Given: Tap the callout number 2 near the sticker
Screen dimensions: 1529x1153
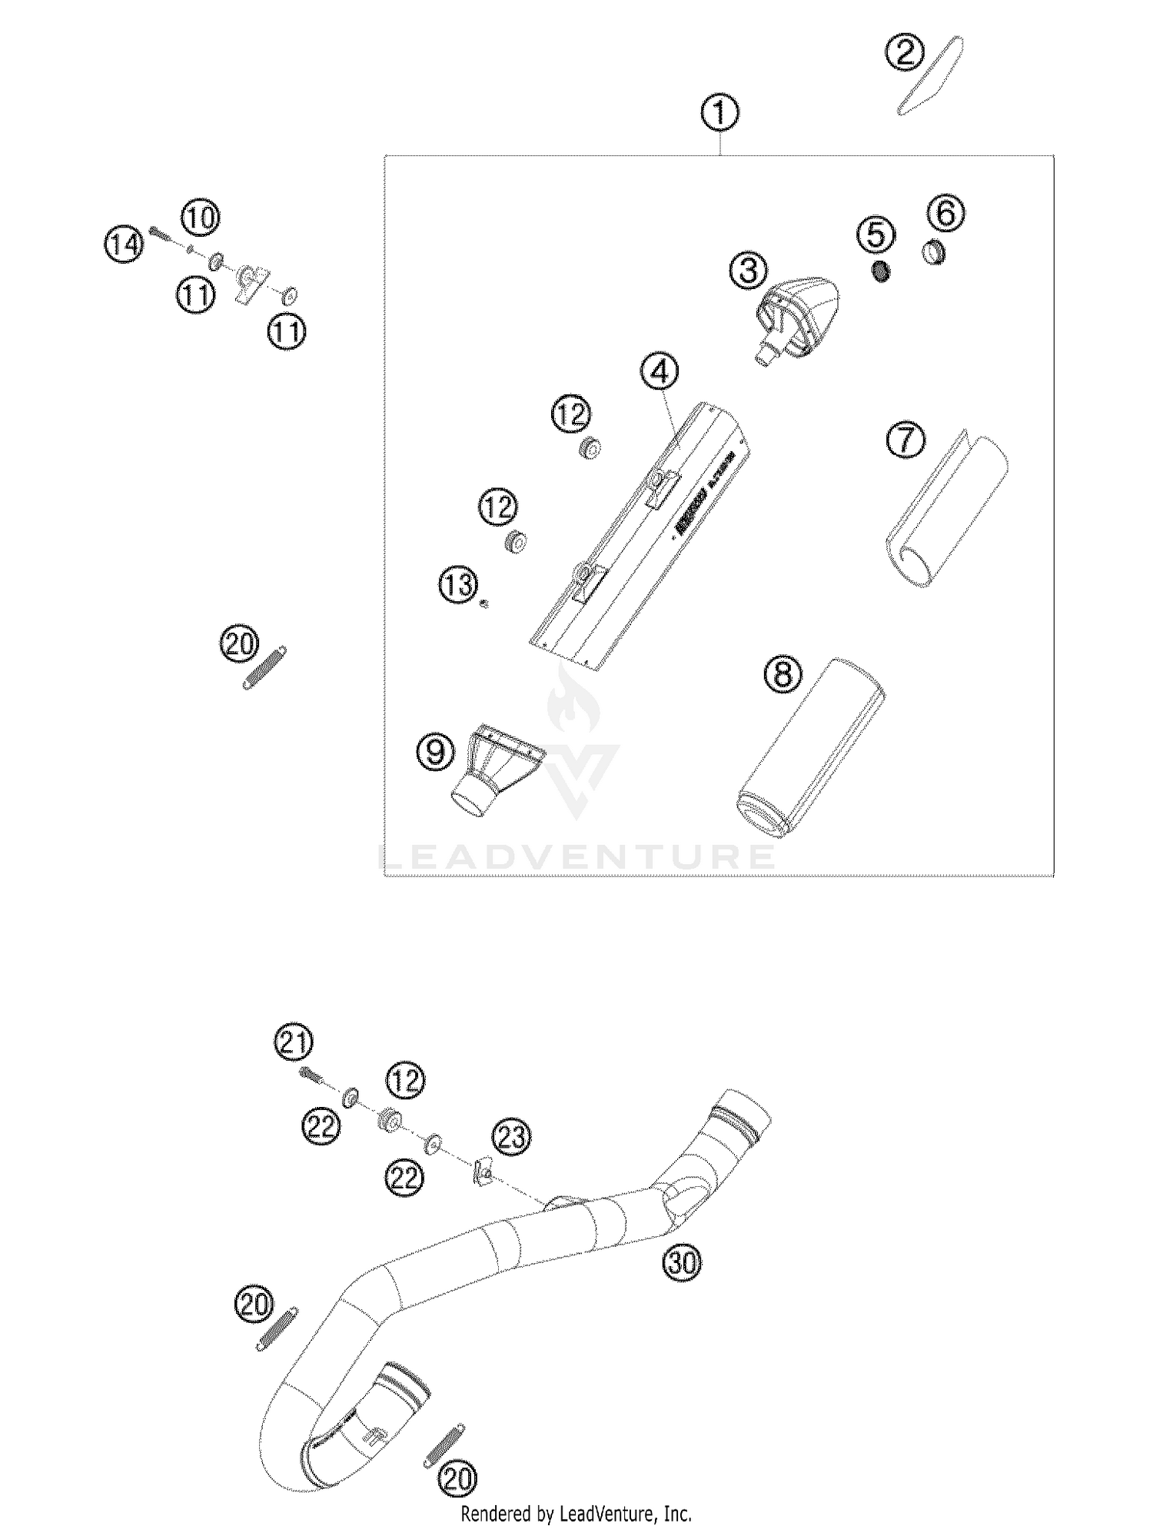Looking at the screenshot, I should [904, 53].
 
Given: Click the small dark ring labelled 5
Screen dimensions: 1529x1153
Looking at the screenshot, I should [882, 271].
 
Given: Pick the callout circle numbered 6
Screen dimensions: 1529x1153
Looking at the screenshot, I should [945, 213].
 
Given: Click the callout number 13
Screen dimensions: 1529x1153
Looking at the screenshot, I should [458, 586].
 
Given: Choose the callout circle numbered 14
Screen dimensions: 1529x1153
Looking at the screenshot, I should [124, 245].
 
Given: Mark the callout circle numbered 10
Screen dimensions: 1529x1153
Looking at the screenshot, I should [200, 218].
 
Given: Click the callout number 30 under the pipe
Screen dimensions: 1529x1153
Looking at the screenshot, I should [683, 1262].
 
